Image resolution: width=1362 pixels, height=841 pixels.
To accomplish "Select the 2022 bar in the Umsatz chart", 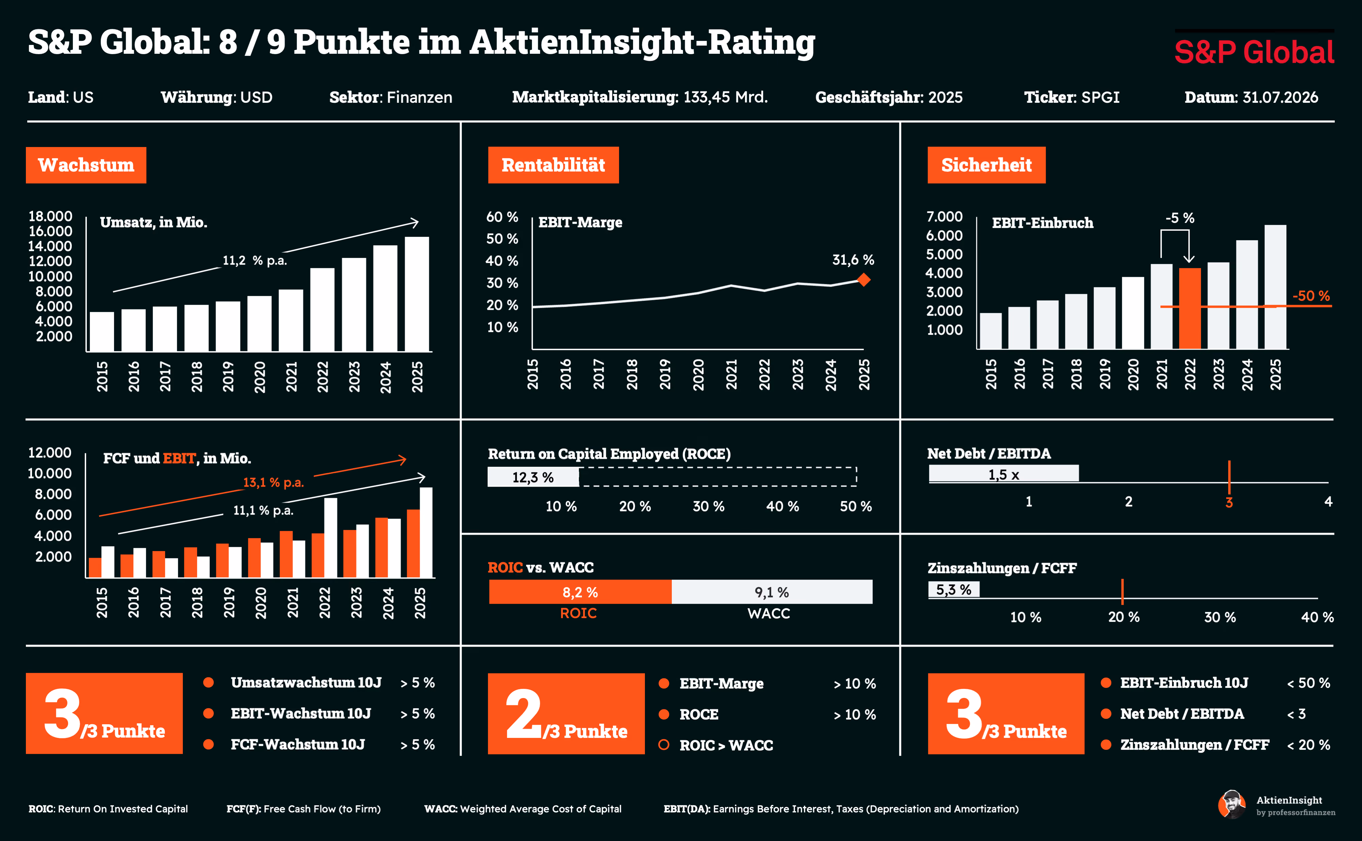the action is (x=322, y=309).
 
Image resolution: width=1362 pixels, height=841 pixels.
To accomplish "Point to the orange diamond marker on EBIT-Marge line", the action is (x=864, y=280).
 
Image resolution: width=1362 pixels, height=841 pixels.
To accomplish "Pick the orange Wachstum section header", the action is (x=86, y=165).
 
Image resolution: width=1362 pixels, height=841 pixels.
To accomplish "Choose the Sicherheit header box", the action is (x=986, y=165).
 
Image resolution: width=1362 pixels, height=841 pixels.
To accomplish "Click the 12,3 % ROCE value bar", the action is (x=533, y=477).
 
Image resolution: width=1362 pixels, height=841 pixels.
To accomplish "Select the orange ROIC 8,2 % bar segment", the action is (x=580, y=592).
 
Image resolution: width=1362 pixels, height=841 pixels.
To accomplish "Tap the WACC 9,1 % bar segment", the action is (x=772, y=592).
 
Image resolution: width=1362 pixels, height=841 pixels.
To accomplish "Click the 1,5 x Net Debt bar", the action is (x=1004, y=473).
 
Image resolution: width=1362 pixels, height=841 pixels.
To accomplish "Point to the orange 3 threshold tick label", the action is (x=1229, y=502).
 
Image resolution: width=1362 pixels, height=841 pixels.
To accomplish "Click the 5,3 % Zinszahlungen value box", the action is (x=954, y=589).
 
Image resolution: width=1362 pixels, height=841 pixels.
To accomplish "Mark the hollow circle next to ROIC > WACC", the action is (x=664, y=745).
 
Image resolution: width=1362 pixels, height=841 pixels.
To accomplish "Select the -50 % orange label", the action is (x=1311, y=296).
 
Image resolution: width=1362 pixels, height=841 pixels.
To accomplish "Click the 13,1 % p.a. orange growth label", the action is (x=273, y=482).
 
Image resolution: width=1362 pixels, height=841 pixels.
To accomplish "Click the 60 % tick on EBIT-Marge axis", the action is (x=502, y=217).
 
